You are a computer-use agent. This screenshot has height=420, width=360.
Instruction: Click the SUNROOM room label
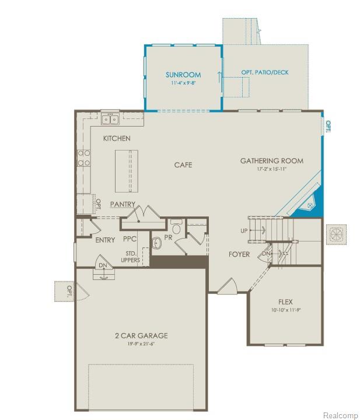pyautogui.click(x=183, y=75)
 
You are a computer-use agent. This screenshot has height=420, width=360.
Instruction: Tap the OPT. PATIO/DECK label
pyautogui.click(x=264, y=73)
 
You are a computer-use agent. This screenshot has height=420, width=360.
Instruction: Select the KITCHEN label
pyautogui.click(x=117, y=138)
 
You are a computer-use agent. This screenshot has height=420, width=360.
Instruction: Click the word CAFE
pyautogui.click(x=183, y=165)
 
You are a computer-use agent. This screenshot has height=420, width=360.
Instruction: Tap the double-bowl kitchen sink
pyautogui.click(x=109, y=120)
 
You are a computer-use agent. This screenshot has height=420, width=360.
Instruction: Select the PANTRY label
pyautogui.click(x=123, y=205)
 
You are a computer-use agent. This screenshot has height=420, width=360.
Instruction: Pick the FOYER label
pyautogui.click(x=239, y=254)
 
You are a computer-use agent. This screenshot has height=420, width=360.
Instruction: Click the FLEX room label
pyautogui.click(x=285, y=302)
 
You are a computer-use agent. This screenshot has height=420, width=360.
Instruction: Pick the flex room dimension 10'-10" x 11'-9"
pyautogui.click(x=285, y=311)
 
